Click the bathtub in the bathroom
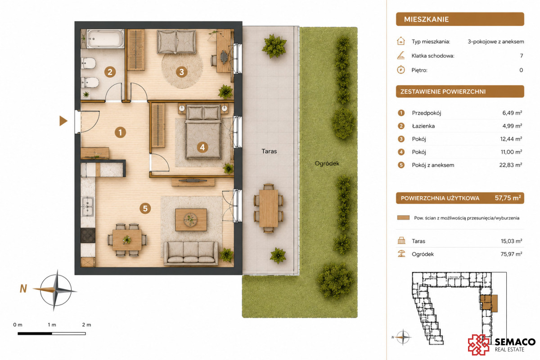click(x=105, y=39)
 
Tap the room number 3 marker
click(x=181, y=72)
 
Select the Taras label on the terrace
click(x=269, y=152)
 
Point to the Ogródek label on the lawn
click(x=327, y=163)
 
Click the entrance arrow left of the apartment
click(x=63, y=121)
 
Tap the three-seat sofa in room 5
click(x=191, y=253)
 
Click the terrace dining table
click(x=269, y=208)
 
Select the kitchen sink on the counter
click(x=88, y=206)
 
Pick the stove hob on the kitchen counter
click(x=88, y=235)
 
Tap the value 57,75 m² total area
click(x=508, y=198)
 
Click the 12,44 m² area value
click(x=511, y=139)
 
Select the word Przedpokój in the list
click(x=427, y=113)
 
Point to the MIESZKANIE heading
click(x=426, y=19)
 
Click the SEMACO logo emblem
click(x=479, y=345)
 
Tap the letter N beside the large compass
click(x=23, y=288)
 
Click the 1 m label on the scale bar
click(x=52, y=325)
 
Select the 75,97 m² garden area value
click(x=511, y=254)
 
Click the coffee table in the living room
click(x=191, y=220)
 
